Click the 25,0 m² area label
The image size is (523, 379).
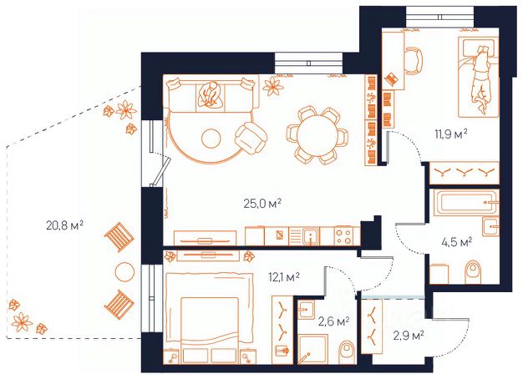[262, 203]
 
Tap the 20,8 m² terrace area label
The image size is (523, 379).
[64, 225]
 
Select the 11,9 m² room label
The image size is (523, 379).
[450, 134]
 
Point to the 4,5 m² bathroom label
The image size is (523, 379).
[456, 242]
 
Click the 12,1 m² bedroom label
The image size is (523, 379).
[283, 276]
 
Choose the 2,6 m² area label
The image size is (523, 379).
[333, 321]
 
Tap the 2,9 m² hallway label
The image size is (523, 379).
[409, 335]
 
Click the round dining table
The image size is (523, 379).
[317, 135]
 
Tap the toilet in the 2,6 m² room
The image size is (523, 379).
[347, 351]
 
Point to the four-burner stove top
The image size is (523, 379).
[343, 235]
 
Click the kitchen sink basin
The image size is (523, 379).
[311, 236]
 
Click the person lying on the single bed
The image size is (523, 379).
[480, 79]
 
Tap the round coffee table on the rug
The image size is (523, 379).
[211, 139]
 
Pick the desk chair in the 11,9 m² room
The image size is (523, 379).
[414, 61]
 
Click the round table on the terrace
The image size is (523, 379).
[124, 272]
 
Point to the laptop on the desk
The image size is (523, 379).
[391, 79]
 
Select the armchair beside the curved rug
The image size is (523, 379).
[251, 138]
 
